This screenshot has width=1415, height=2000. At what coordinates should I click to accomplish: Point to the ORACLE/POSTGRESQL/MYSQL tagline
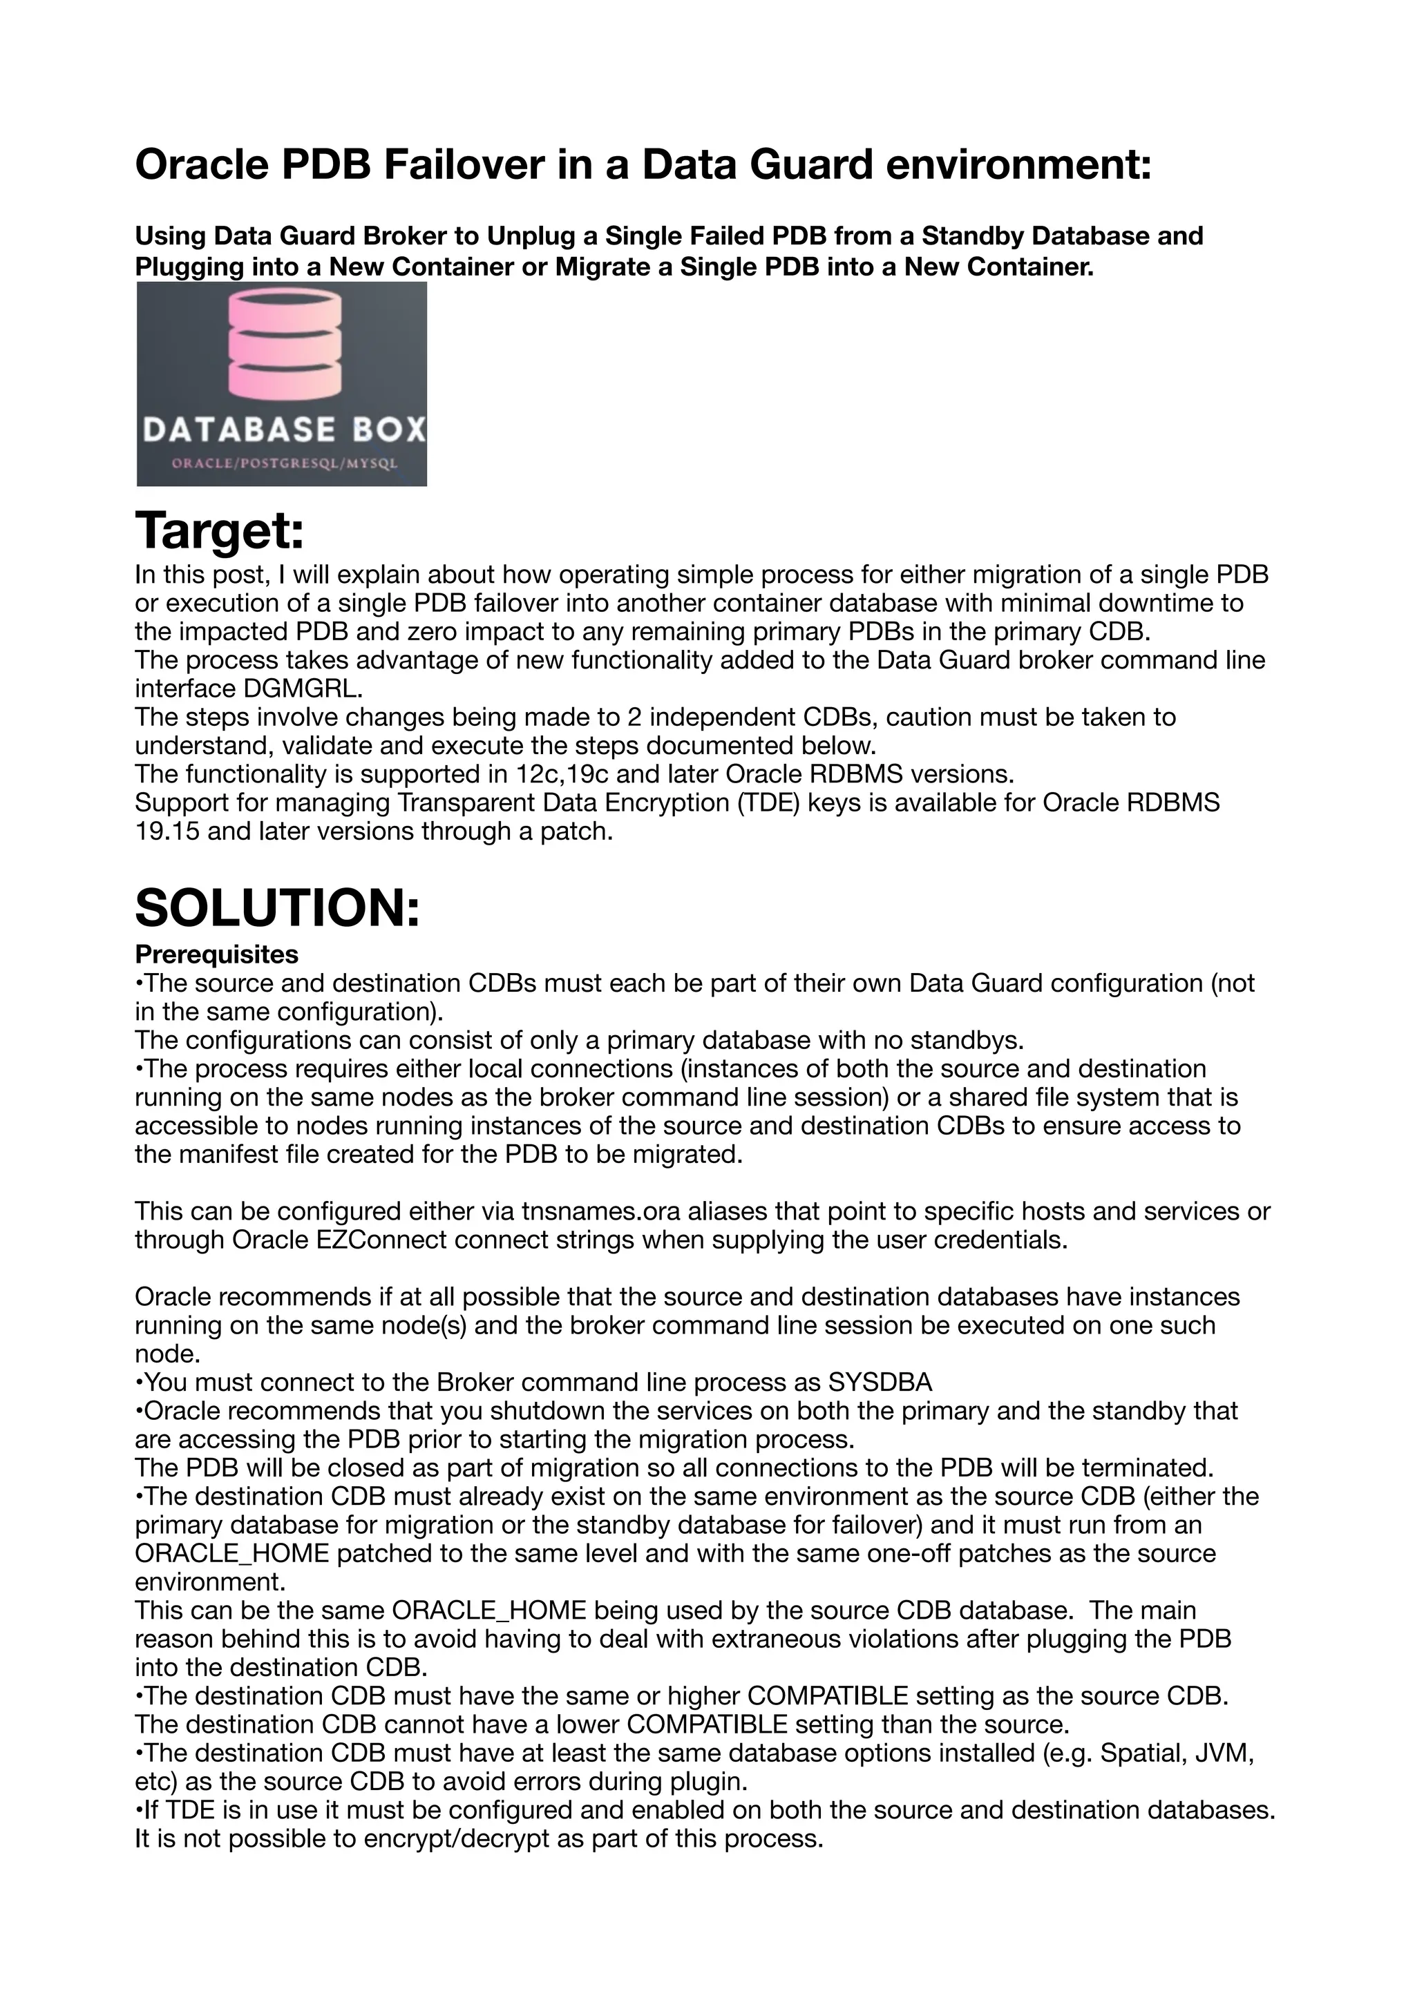(284, 463)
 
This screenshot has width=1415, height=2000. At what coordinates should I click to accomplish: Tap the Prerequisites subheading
(216, 954)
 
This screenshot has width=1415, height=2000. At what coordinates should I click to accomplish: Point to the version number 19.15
(167, 832)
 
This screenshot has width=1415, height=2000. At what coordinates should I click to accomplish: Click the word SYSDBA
(880, 1383)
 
